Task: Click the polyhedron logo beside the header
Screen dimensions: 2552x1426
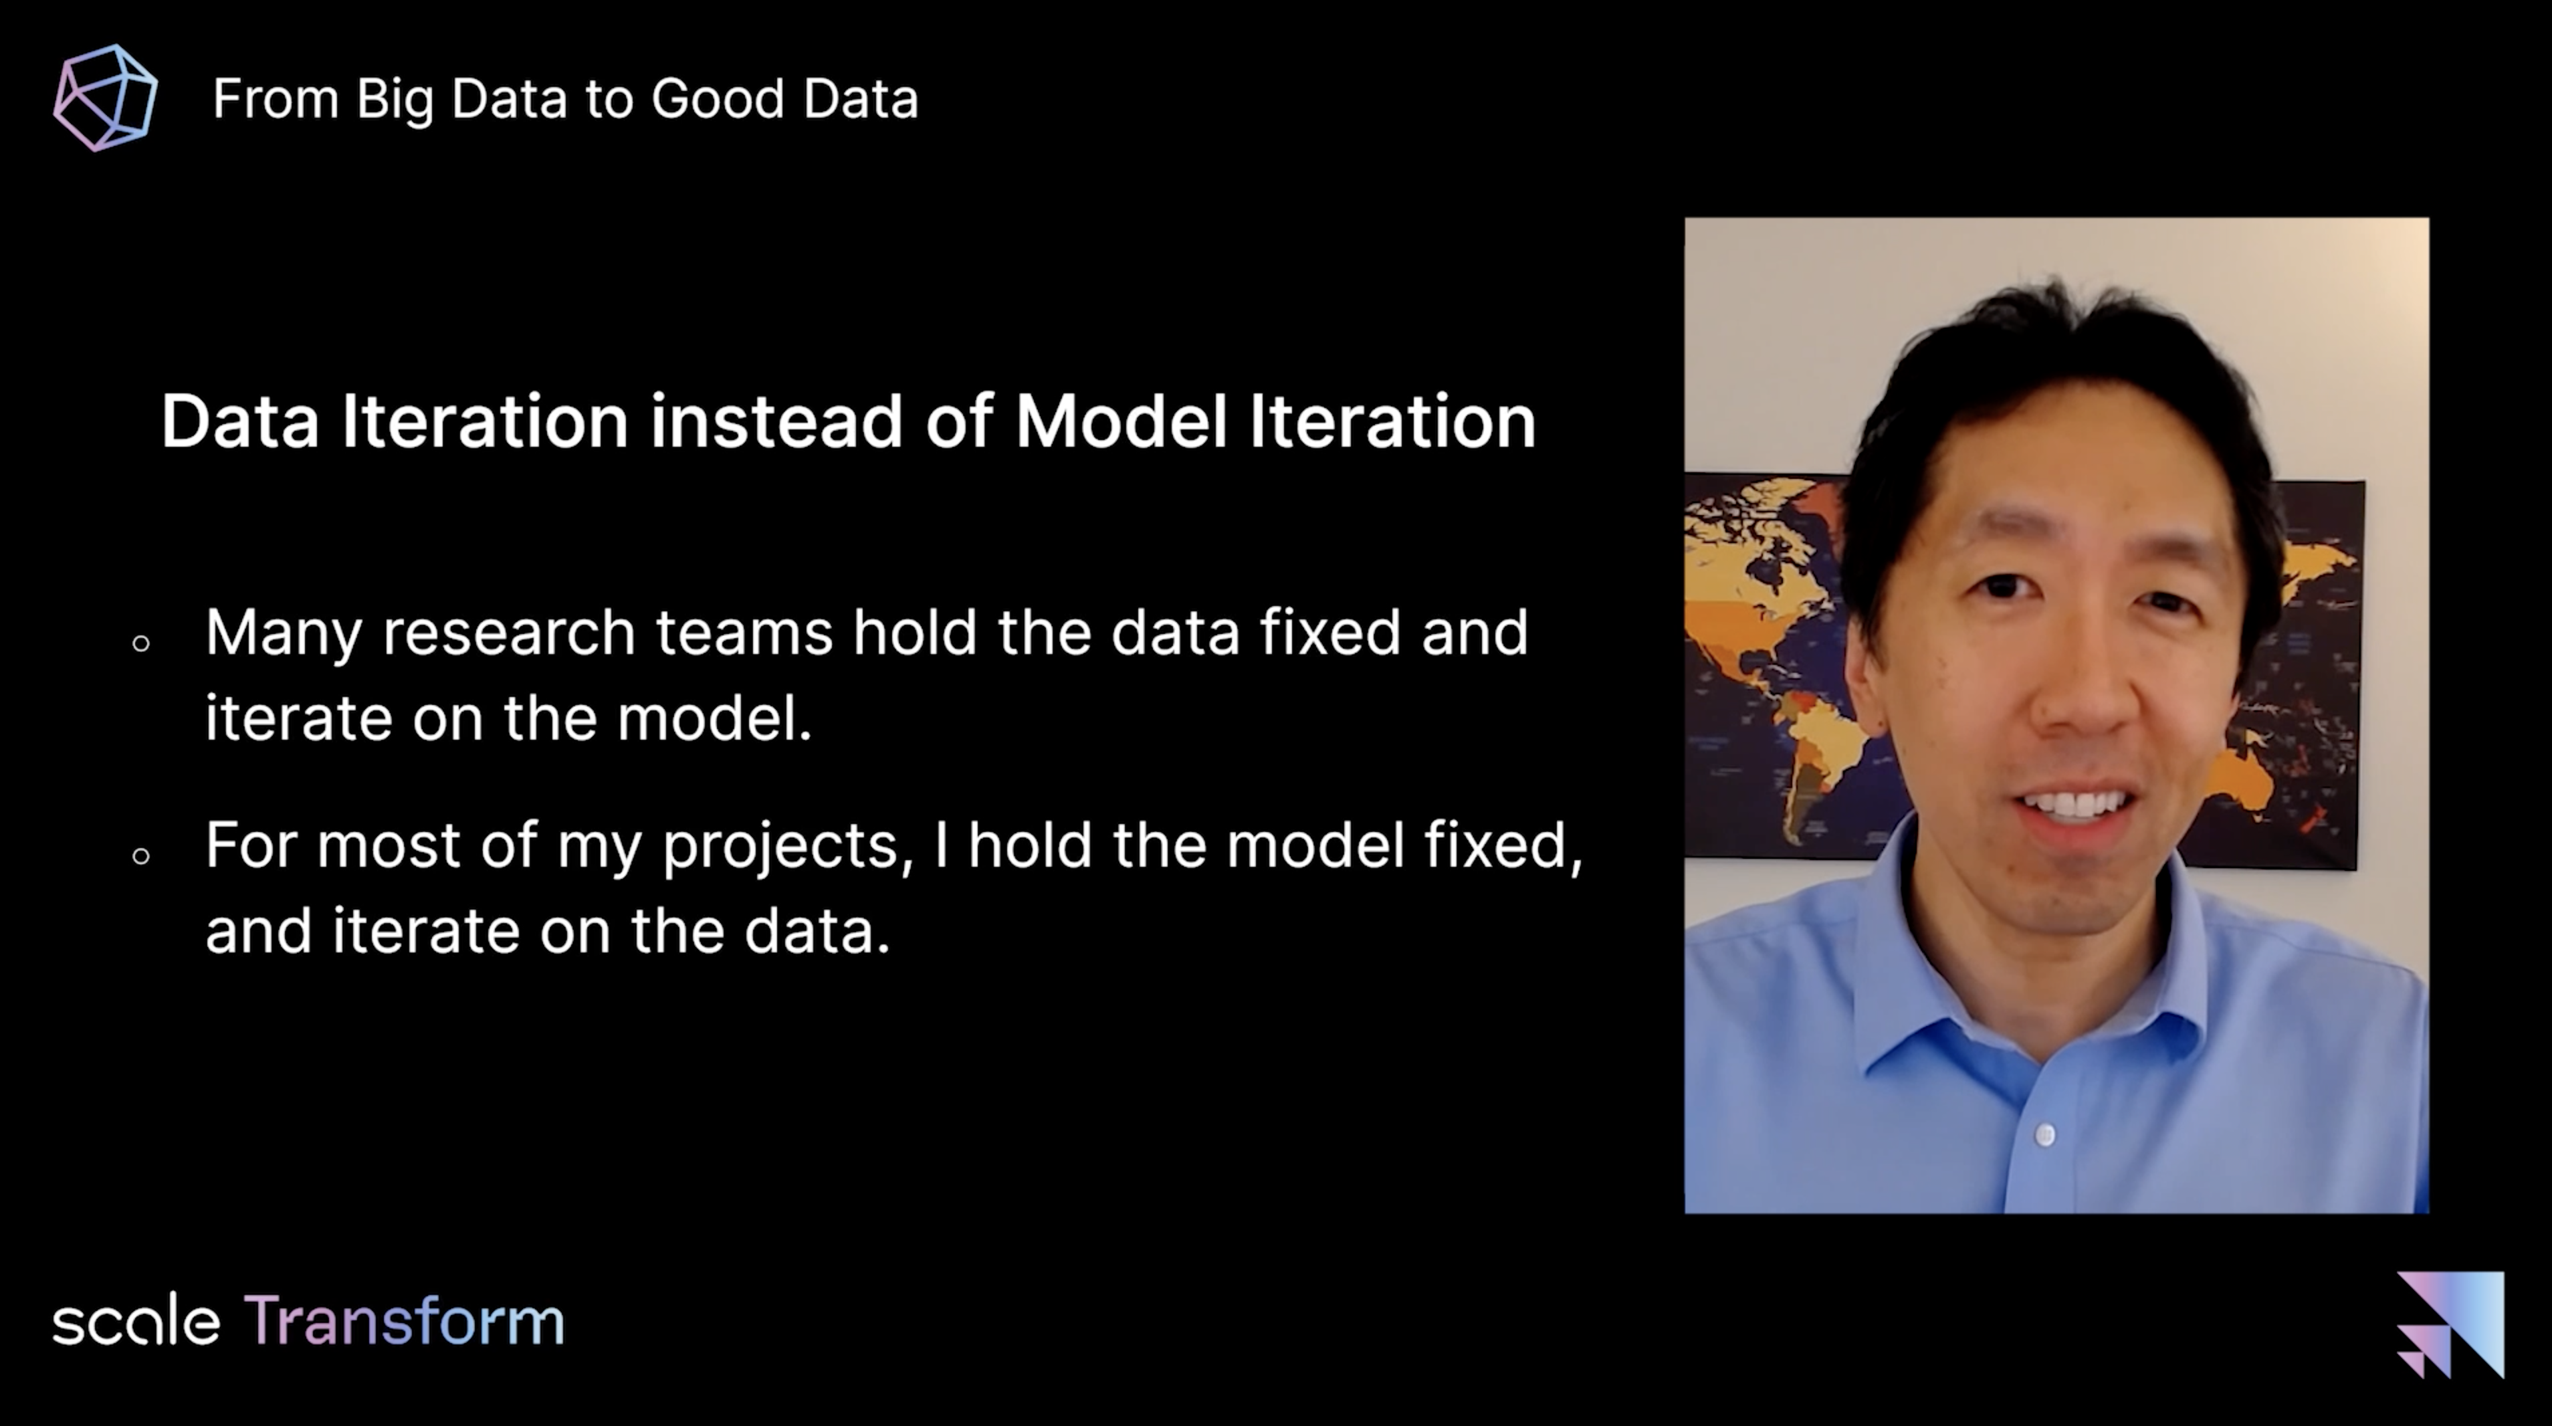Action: coord(105,97)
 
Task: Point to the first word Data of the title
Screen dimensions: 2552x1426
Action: coord(239,421)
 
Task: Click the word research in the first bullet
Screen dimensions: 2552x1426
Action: coord(508,633)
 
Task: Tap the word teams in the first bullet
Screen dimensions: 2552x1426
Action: coord(744,633)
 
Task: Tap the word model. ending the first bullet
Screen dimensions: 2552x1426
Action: coord(714,718)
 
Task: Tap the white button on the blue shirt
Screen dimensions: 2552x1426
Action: coord(2045,1134)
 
